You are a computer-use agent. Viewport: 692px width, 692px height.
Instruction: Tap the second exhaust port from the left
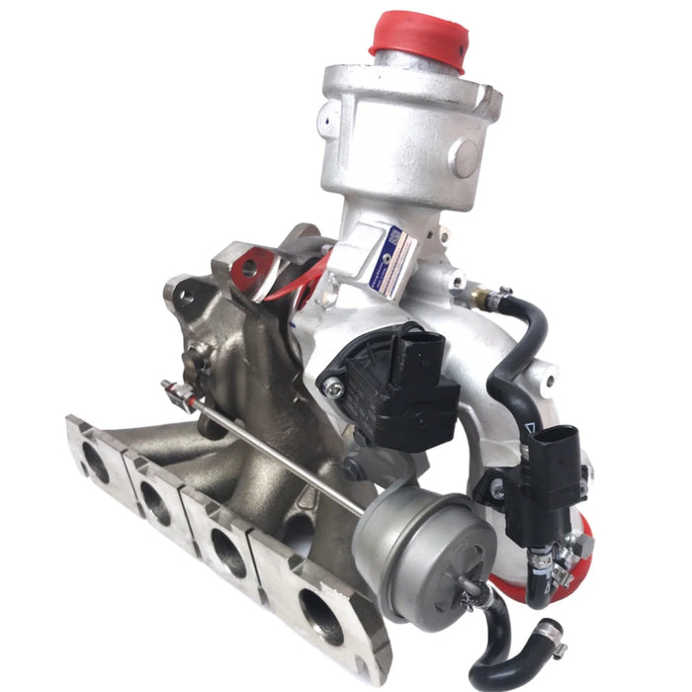point(155,502)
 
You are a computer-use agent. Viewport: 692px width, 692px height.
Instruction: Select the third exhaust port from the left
point(229,553)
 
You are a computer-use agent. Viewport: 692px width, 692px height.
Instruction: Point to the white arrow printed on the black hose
point(534,427)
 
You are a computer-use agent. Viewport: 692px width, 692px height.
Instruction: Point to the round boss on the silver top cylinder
point(464,155)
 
